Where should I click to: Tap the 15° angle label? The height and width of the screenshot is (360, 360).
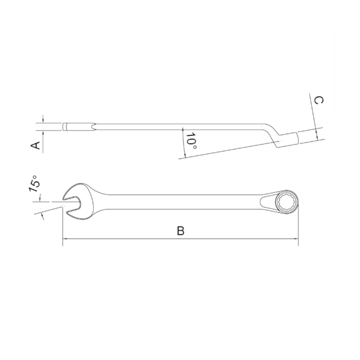tap(34, 184)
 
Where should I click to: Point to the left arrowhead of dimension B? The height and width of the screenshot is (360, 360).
tap(65, 240)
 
